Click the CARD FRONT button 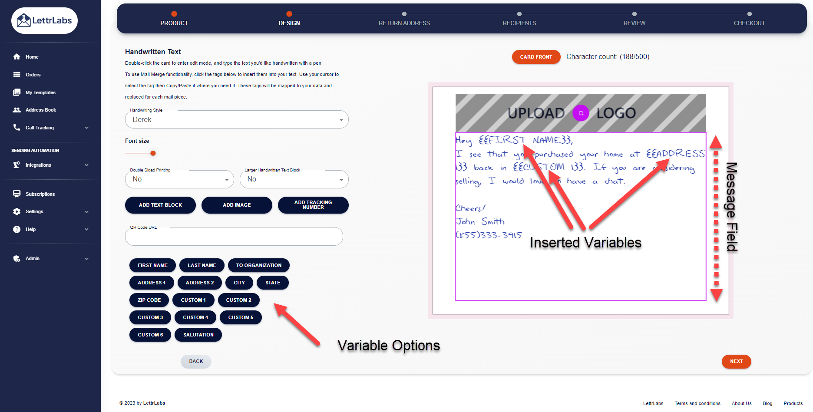536,57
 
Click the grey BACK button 196,361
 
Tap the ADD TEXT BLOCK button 160,205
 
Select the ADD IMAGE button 237,205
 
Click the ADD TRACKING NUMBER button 313,205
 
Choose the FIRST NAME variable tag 152,265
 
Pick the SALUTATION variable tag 198,335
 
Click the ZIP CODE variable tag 149,300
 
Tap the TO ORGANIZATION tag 258,265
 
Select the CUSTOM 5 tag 241,317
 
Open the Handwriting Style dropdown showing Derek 237,120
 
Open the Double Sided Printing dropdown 179,179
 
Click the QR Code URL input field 234,237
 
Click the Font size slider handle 153,153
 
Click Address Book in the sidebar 40,110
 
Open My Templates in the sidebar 40,92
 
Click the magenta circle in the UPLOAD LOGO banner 581,113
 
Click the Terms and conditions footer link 697,403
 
